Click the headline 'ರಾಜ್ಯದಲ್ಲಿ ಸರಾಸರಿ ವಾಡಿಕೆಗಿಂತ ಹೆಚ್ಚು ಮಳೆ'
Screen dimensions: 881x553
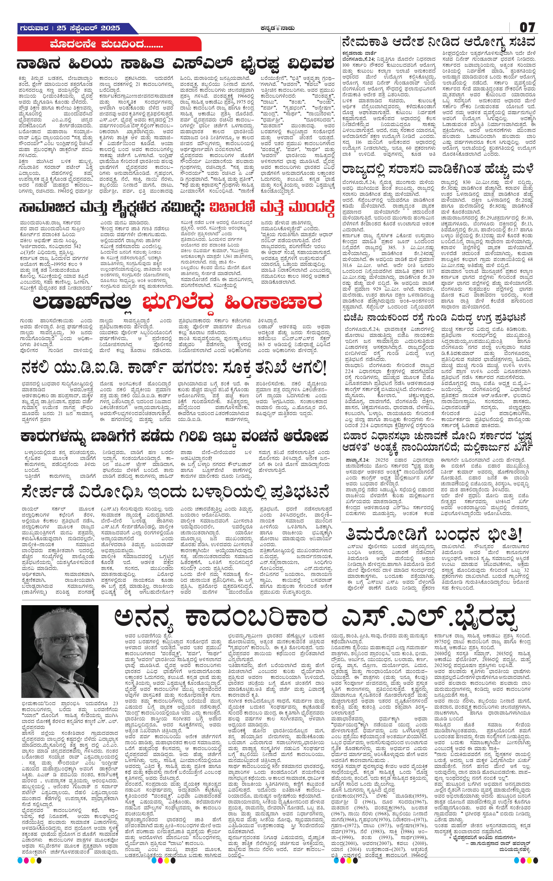[x=437, y=170]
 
